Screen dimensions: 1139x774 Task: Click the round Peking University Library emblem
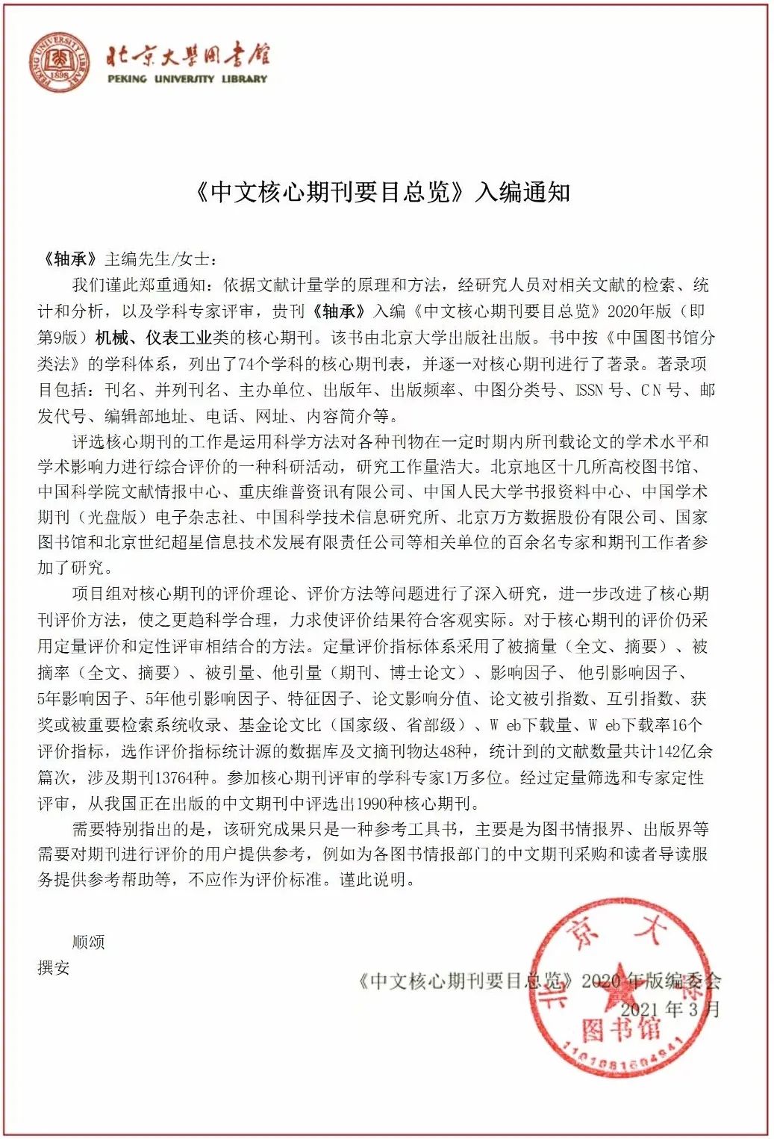coord(60,62)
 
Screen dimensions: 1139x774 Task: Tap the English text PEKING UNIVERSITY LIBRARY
coord(187,78)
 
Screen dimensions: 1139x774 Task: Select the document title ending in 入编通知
coord(383,193)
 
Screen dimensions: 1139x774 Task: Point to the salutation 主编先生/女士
coord(160,259)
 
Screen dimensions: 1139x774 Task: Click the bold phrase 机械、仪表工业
coord(154,338)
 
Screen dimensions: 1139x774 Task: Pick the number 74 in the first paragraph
coord(248,364)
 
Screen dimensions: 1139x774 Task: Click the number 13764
coord(181,778)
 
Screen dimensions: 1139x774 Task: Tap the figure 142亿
coord(672,751)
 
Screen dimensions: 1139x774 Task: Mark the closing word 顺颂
coord(88,942)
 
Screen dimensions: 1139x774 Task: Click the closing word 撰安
coord(54,968)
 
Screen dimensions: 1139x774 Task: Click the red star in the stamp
coord(622,990)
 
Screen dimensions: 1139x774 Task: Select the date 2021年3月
coord(670,1010)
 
